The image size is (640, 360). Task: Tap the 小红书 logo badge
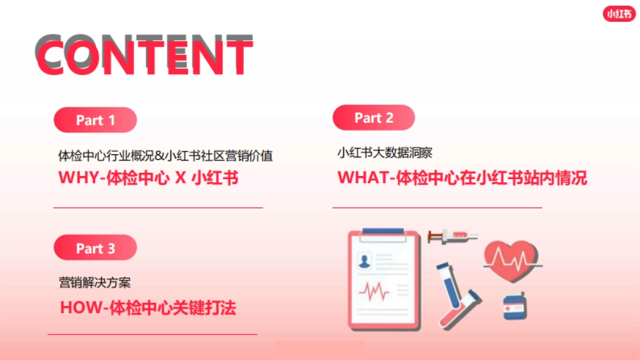[619, 14]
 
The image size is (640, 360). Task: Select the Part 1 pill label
[95, 120]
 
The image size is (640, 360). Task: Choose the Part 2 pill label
[373, 118]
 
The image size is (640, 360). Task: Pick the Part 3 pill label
[95, 248]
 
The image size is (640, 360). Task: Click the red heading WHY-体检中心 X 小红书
[148, 178]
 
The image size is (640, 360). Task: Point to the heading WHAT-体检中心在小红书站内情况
[462, 178]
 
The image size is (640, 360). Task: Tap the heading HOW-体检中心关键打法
[148, 308]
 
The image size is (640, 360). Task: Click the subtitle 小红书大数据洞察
[385, 153]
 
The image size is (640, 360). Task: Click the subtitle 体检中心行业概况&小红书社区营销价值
[165, 156]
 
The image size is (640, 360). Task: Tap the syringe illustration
[452, 235]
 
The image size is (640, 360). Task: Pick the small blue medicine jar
[515, 306]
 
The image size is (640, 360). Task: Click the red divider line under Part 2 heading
[437, 207]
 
